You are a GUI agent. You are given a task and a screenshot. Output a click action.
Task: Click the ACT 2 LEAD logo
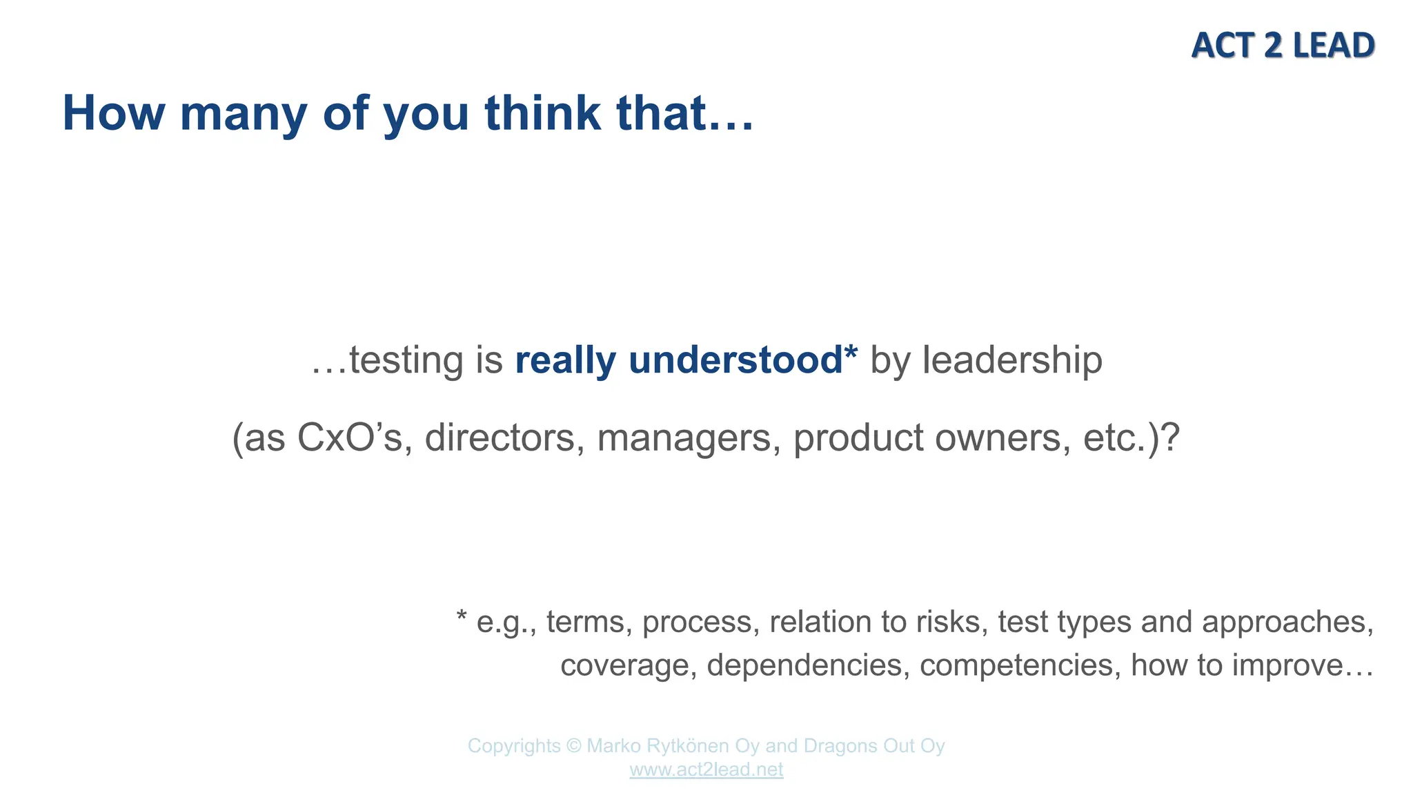pyautogui.click(x=1283, y=46)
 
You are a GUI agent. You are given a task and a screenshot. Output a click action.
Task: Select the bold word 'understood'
pyautogui.click(x=735, y=360)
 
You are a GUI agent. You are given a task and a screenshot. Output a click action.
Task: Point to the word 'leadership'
pyautogui.click(x=1012, y=360)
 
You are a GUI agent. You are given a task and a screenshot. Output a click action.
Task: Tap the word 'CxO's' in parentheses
pyautogui.click(x=349, y=438)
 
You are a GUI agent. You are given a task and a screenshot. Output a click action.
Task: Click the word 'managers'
pyautogui.click(x=684, y=438)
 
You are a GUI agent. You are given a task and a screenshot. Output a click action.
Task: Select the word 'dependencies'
pyautogui.click(x=804, y=665)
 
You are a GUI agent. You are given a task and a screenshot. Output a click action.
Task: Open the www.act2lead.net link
pyautogui.click(x=706, y=769)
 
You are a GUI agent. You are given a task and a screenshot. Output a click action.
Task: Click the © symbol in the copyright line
pyautogui.click(x=573, y=746)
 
